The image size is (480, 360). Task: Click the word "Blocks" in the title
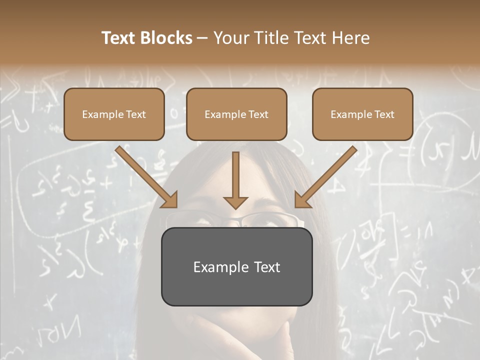(x=167, y=38)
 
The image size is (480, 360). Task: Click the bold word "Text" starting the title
(x=119, y=38)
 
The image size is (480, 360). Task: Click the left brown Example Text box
(x=114, y=114)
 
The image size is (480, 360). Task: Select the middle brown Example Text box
(x=236, y=114)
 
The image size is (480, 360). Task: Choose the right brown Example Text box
(x=362, y=114)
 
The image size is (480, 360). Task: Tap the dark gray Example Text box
(x=236, y=266)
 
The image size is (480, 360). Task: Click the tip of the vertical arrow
(x=236, y=206)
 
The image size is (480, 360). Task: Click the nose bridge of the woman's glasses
(x=237, y=220)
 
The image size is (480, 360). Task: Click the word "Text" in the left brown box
(x=135, y=114)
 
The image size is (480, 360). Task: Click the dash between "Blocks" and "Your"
(x=202, y=38)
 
